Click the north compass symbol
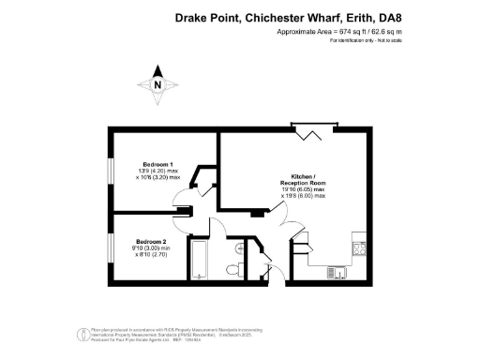(157, 85)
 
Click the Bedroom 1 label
(157, 163)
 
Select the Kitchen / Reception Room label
(302, 181)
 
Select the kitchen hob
(357, 247)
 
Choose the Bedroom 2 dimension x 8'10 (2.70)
(151, 254)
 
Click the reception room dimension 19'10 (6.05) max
(302, 190)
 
